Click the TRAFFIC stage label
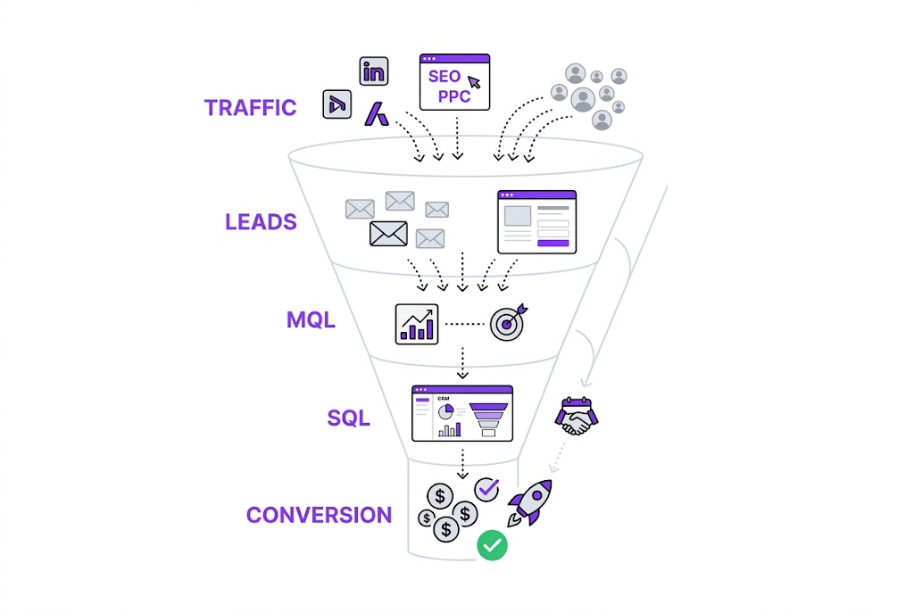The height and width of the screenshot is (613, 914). pos(250,108)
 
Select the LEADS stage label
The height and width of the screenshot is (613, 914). pos(261,221)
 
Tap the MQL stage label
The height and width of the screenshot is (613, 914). pos(311,319)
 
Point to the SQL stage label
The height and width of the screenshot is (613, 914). pos(348,418)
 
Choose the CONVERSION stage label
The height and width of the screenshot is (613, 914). pos(319,515)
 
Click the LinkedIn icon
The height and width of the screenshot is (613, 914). pos(374,71)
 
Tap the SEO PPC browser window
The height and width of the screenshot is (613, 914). pos(454,82)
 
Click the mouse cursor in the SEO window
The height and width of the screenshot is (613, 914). pos(474,83)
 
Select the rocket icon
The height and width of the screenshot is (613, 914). pos(531,501)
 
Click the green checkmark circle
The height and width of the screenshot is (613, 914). pos(491,544)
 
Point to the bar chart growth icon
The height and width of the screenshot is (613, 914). pos(417,324)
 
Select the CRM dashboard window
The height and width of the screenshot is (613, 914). pos(461,413)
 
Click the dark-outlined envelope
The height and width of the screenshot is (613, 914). pos(388,234)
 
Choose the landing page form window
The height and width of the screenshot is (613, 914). pos(536,221)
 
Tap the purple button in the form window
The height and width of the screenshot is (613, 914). pos(553,243)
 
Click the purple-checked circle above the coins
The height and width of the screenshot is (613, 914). pos(486,488)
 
